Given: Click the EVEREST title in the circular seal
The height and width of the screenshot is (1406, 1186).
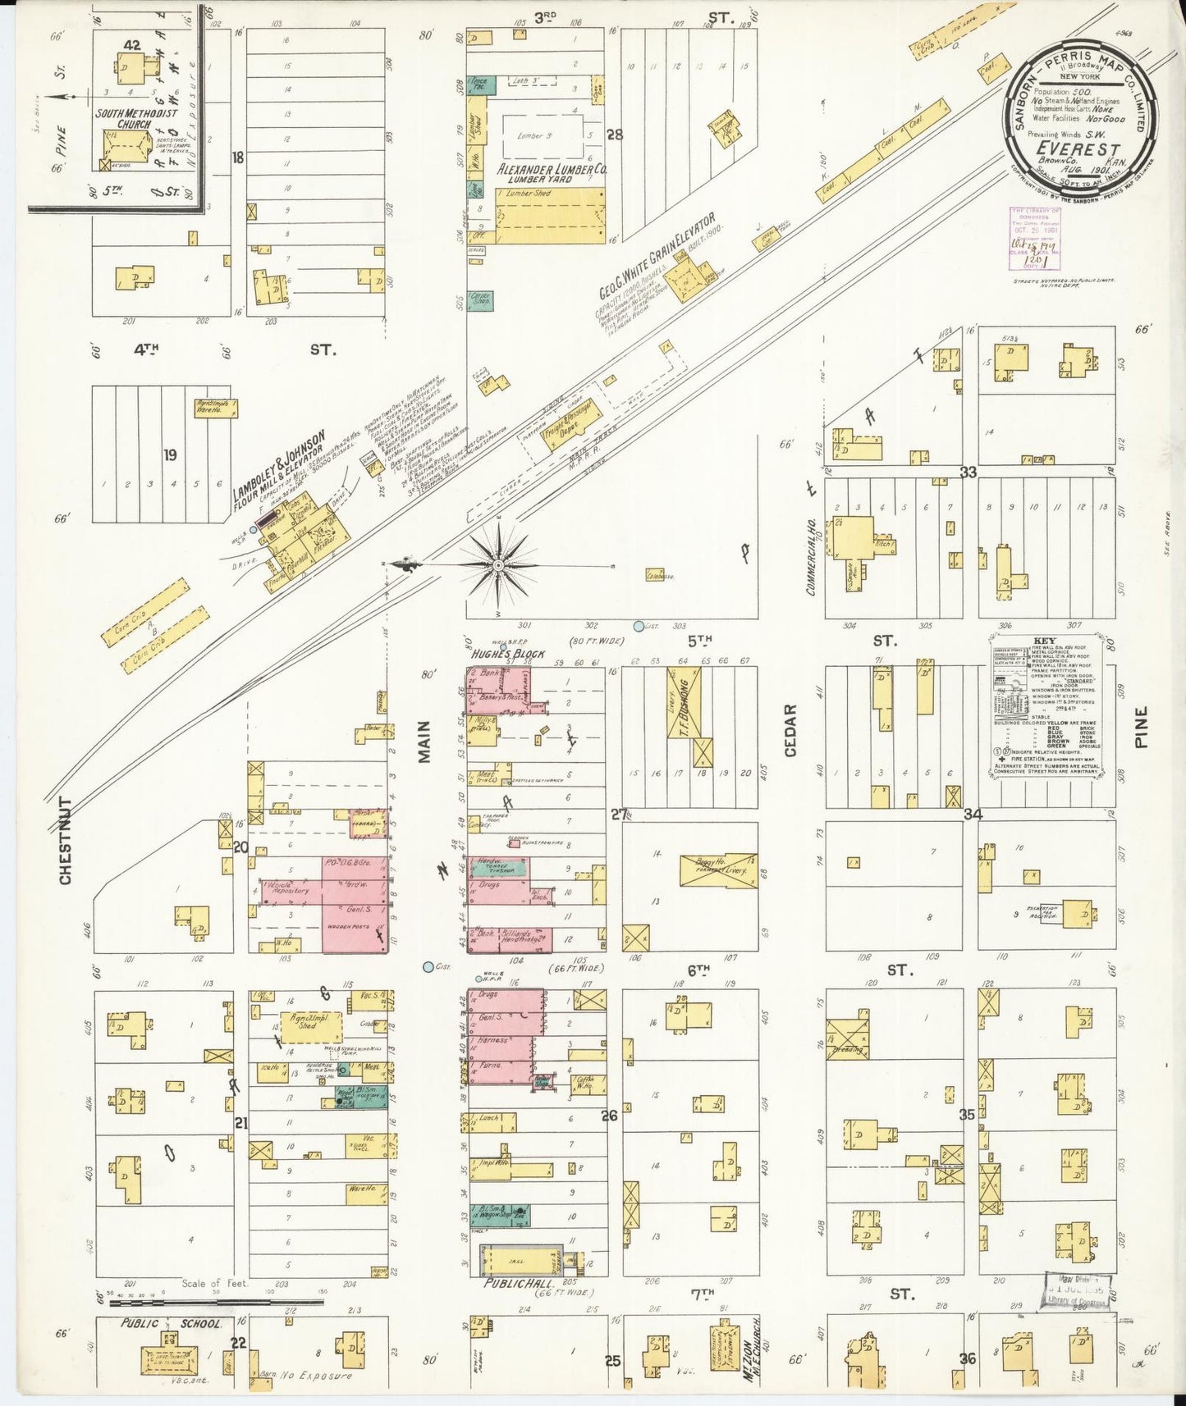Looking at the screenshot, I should pos(1078,149).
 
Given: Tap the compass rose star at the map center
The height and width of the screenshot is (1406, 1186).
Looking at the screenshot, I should pos(498,565).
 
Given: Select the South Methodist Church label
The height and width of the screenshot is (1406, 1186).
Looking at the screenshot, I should pos(136,118).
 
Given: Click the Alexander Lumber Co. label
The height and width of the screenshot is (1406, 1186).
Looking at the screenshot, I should pos(552,169).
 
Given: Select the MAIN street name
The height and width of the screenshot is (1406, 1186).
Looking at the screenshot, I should pos(424,742).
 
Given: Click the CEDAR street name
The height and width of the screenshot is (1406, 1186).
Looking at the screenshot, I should pos(792,729).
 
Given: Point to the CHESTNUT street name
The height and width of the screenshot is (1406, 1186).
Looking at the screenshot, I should pos(66,840).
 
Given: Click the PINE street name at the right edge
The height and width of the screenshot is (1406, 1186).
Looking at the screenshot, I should pos(1142,727).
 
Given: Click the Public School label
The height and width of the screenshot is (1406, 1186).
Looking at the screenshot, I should pos(172,1323).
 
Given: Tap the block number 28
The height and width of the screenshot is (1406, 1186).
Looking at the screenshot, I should pos(614,135).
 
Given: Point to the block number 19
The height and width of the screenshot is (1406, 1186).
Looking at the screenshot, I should pos(170,454).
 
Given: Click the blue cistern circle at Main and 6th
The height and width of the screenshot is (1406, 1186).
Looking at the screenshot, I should pos(428,967).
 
